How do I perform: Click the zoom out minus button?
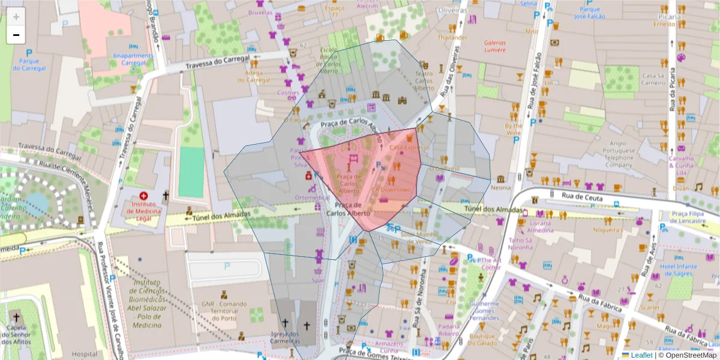[16, 35]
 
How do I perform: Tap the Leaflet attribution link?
[640, 355]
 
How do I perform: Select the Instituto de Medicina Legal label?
[143, 211]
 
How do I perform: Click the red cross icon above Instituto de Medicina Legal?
[143, 196]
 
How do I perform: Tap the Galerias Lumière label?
[495, 46]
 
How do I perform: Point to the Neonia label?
[500, 188]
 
